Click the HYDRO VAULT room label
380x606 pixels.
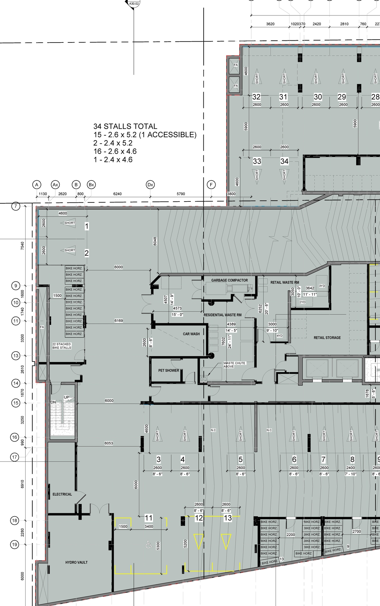point(76,562)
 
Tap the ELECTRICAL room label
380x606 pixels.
point(62,494)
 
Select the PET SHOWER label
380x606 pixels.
point(169,370)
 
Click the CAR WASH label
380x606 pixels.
point(191,334)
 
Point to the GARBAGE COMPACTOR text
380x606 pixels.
point(229,280)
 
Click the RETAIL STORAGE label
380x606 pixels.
point(327,338)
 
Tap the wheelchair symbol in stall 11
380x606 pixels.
point(148,544)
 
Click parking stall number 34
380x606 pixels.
point(284,161)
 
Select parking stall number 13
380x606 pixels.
point(228,518)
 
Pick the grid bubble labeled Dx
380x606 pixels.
point(150,185)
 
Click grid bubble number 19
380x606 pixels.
point(15,544)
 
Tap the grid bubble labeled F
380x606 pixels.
point(211,185)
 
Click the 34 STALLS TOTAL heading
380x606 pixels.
point(125,126)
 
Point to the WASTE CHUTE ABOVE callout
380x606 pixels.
point(234,365)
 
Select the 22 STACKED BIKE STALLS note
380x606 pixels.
point(62,346)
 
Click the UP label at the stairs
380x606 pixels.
point(66,397)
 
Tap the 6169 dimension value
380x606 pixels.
point(118,321)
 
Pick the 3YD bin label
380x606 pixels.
point(322,286)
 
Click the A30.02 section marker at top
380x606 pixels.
point(134,4)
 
